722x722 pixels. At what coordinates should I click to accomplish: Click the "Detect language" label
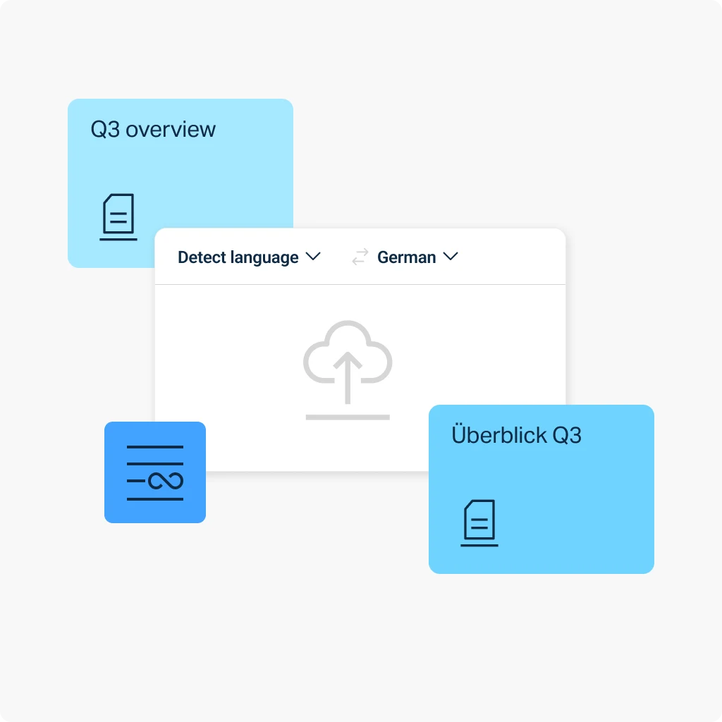(x=238, y=257)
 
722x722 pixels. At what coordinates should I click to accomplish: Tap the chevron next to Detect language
(x=313, y=257)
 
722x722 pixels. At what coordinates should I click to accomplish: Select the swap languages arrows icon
(x=360, y=257)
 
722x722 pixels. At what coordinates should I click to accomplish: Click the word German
(x=407, y=257)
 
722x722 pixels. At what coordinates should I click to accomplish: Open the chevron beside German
(x=451, y=257)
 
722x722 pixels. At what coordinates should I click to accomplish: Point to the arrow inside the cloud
(x=348, y=378)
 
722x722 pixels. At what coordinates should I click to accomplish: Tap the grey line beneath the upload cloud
(x=348, y=417)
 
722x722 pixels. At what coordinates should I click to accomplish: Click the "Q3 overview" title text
(x=153, y=130)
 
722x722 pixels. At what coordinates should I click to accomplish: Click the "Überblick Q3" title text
(x=516, y=434)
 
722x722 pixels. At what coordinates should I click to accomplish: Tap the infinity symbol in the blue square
(x=165, y=481)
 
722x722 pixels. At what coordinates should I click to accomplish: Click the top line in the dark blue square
(x=154, y=446)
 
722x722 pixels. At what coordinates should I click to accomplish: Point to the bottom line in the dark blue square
(x=154, y=499)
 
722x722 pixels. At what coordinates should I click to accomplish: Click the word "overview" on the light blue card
(x=171, y=130)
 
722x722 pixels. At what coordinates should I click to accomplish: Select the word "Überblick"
(x=499, y=434)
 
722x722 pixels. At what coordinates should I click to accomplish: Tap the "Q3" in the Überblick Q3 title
(x=567, y=435)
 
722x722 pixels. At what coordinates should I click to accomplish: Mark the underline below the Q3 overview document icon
(x=118, y=240)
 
